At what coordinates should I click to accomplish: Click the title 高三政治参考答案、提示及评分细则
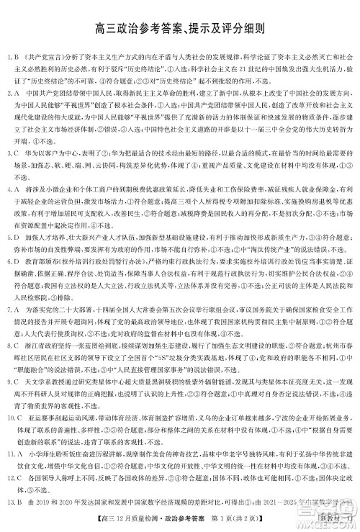click(180, 30)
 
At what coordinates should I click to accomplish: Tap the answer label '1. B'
click(13, 55)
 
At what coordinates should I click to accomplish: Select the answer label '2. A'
click(13, 94)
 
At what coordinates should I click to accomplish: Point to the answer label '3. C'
click(13, 153)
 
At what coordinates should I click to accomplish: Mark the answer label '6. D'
click(13, 271)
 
